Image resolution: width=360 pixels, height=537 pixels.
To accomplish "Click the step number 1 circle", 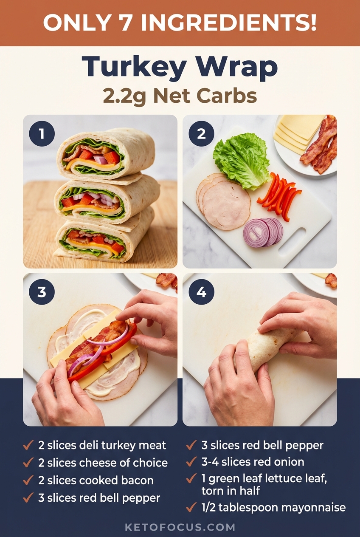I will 42,134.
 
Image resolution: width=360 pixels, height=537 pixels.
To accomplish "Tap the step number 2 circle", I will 201,134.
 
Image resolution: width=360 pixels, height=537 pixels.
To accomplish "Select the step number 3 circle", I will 42,292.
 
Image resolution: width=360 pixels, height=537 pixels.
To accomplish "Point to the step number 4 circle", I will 201,292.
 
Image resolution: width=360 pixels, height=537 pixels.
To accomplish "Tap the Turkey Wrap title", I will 180,67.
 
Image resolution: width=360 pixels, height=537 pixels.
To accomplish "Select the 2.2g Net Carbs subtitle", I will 180,96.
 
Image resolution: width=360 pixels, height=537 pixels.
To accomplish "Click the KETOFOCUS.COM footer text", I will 180,527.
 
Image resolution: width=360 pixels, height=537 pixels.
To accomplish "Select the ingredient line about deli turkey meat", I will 102,446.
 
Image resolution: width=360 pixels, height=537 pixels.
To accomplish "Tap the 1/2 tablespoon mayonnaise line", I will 273,507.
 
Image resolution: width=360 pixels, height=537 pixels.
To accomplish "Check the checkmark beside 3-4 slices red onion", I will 191,462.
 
